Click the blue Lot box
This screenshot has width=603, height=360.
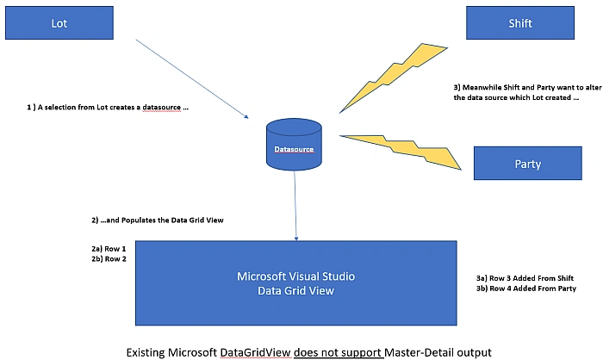59,22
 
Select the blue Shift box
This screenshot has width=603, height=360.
520,22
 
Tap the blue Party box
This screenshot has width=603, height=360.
527,163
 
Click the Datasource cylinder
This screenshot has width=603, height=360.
295,145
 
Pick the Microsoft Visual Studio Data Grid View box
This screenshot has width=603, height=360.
296,283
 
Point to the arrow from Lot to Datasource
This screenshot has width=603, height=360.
192,79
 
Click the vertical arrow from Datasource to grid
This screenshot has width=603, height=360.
295,206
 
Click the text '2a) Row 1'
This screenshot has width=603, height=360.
109,249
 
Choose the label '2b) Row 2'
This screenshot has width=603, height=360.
109,259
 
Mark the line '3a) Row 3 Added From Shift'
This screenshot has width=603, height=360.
525,278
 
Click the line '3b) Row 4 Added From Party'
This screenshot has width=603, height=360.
526,288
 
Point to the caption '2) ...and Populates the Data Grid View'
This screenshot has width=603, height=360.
158,220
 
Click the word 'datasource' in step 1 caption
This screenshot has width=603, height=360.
162,108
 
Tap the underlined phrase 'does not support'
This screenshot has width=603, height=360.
338,353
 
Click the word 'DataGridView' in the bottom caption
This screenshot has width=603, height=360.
255,353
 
